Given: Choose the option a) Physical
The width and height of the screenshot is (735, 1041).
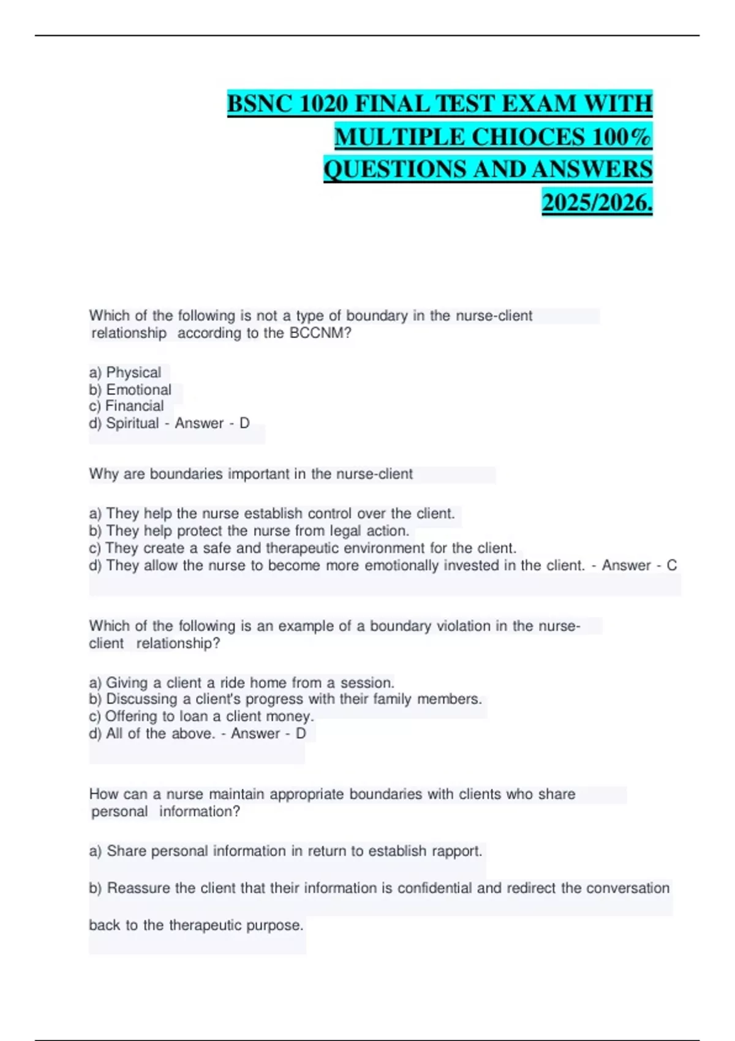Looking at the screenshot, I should (125, 372).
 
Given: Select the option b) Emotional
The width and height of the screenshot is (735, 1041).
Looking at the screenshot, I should (130, 389).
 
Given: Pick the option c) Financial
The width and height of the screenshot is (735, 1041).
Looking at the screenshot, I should (126, 406).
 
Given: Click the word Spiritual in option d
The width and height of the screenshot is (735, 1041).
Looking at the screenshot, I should (132, 423).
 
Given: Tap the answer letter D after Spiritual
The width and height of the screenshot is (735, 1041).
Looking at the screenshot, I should (244, 423).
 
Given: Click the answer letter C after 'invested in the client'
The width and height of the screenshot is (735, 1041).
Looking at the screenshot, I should (671, 565).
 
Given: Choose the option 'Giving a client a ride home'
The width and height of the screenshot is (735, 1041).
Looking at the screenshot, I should (241, 683).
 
